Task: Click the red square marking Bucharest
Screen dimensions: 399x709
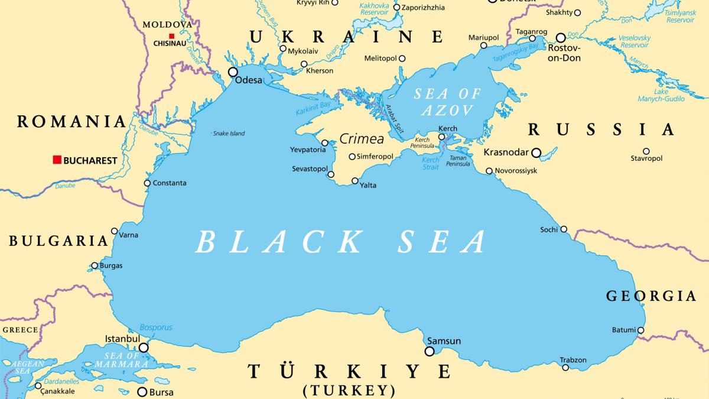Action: (57, 160)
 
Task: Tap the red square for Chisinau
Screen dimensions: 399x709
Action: (171, 35)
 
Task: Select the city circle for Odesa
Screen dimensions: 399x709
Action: (233, 72)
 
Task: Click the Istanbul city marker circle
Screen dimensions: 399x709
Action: (144, 348)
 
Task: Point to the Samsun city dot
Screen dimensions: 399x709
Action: (430, 351)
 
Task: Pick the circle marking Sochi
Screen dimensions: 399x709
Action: (564, 229)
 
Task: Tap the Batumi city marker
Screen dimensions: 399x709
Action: (640, 330)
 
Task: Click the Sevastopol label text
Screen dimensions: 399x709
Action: (310, 169)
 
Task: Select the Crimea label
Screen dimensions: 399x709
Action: (362, 140)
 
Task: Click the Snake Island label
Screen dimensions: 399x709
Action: (229, 134)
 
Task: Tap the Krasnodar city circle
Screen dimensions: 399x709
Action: (536, 153)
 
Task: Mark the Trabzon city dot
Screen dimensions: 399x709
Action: (565, 368)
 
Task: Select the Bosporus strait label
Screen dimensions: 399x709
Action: (156, 327)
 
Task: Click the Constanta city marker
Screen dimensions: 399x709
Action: (147, 183)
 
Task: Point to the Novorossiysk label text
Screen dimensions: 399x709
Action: (516, 171)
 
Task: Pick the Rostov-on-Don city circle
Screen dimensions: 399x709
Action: (561, 38)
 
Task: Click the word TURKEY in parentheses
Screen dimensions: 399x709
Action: (349, 390)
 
